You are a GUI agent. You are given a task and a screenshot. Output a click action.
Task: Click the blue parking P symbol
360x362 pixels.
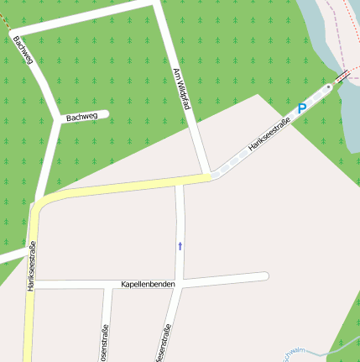point(301,108)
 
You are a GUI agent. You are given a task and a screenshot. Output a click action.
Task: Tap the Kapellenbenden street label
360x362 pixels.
point(149,285)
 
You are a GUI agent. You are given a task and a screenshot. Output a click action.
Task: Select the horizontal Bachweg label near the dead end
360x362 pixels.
point(81,118)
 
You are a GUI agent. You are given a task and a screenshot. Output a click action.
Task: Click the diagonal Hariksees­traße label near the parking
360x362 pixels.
point(269,137)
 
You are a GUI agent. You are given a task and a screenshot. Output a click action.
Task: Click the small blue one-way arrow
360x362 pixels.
point(179,246)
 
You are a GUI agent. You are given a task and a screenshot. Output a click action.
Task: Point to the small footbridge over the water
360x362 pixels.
point(342,79)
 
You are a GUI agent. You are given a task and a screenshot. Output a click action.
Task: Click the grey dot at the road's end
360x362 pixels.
point(328,87)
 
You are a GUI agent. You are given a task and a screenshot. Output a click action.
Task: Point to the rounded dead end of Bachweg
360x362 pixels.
point(105,115)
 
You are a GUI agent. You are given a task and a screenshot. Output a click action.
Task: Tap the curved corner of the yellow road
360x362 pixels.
point(39,202)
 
